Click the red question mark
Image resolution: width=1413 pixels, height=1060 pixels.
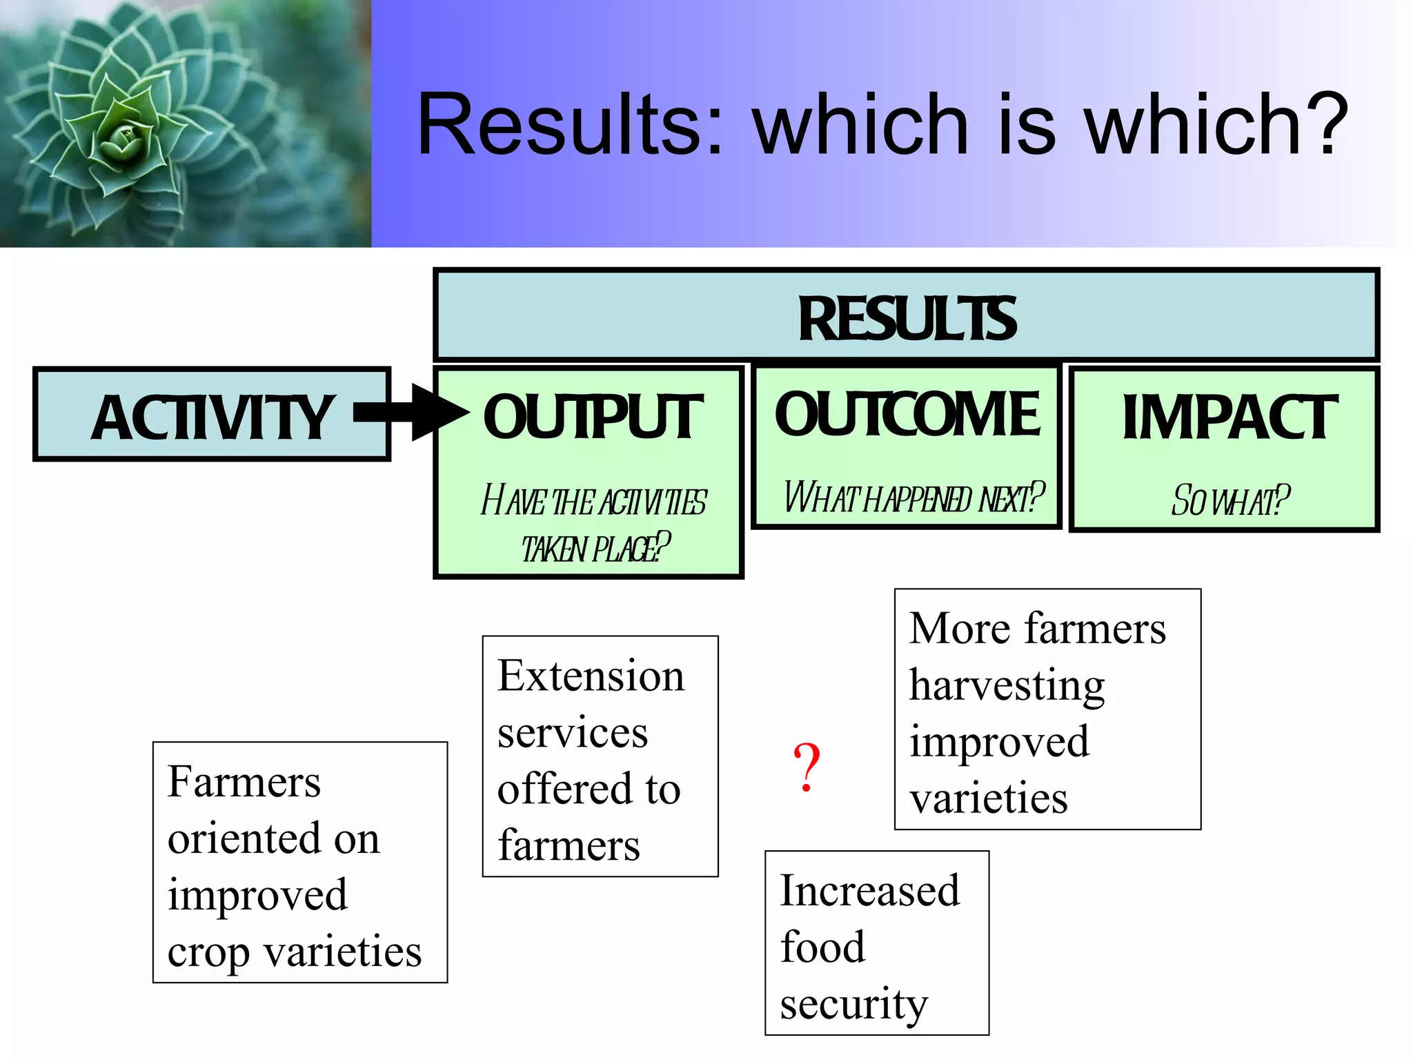(x=806, y=767)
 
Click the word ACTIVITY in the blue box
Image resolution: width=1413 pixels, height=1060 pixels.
(x=213, y=418)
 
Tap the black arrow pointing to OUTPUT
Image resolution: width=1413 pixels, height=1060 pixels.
(x=414, y=413)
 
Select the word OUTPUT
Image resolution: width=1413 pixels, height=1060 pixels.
(x=592, y=418)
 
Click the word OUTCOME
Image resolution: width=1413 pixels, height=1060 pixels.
(x=907, y=414)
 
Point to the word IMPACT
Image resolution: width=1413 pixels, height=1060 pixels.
(x=1229, y=418)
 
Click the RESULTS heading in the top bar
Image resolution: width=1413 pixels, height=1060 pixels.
(x=907, y=319)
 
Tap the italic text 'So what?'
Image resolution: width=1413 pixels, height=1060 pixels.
(x=1230, y=501)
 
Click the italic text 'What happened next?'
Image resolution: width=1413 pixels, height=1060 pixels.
(x=913, y=498)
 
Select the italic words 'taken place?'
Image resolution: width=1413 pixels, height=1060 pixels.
(x=595, y=549)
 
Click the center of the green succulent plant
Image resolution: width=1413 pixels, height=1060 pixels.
(x=124, y=138)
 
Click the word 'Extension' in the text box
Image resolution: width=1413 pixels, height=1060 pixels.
(x=591, y=676)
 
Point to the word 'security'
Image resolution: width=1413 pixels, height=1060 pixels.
(x=853, y=1005)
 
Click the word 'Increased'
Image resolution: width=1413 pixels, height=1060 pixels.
(x=869, y=890)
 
